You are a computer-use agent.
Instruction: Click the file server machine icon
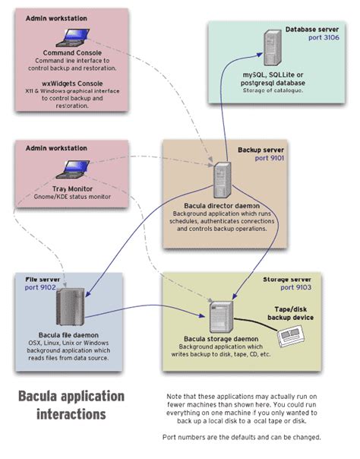click(x=66, y=309)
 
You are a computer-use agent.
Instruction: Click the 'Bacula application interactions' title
click(x=70, y=405)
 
